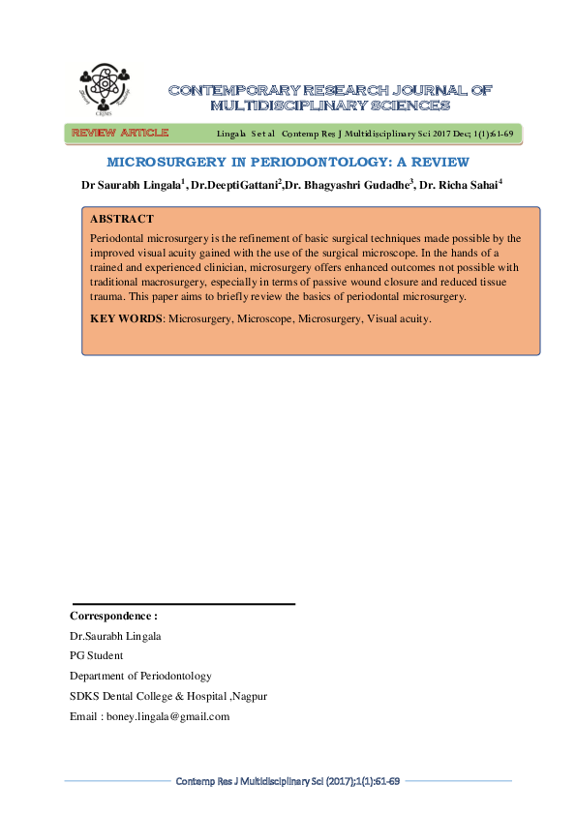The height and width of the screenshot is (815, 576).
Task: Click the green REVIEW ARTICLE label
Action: click(x=119, y=133)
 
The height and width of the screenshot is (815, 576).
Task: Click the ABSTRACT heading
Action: click(x=120, y=220)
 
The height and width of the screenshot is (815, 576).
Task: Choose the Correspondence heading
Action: click(x=113, y=616)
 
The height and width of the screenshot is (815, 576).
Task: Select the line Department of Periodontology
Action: click(x=140, y=676)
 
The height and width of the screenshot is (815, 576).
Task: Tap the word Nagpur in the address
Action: click(x=247, y=696)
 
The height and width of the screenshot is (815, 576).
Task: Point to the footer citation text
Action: click(x=288, y=780)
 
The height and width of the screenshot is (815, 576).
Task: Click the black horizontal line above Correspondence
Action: click(x=183, y=604)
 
